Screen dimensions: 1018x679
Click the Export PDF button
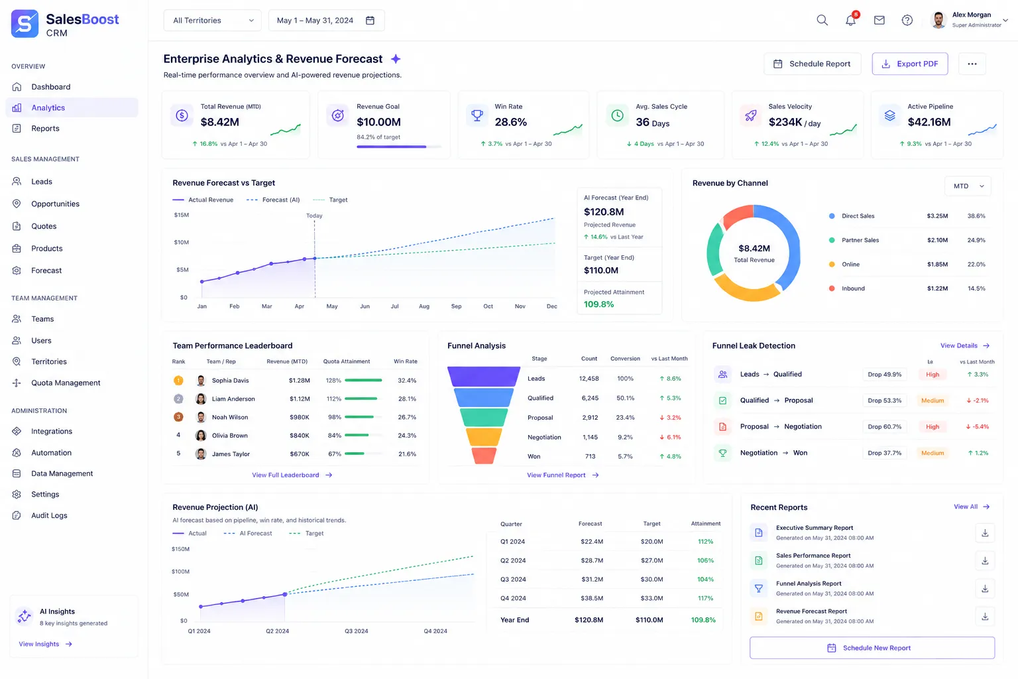[x=909, y=64]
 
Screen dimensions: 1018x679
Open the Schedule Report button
[x=812, y=64]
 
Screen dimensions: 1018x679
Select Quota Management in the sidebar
[x=66, y=383]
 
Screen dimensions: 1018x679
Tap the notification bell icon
[x=850, y=20]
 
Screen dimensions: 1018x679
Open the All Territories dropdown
[x=212, y=21]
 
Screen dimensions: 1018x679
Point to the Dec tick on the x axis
[x=551, y=306]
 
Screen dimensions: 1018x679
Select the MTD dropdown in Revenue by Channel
[x=968, y=186]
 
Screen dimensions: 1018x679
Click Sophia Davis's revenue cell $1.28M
[x=299, y=381]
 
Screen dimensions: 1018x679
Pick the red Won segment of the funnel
[x=484, y=456]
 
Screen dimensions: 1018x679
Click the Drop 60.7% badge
[x=884, y=426]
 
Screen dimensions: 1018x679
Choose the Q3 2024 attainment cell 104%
[x=705, y=580]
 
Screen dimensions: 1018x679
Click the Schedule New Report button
[x=872, y=648]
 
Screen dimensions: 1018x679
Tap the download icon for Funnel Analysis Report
[x=985, y=589]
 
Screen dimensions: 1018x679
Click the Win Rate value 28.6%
[x=510, y=122]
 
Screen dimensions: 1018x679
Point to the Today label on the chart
[x=314, y=216]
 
